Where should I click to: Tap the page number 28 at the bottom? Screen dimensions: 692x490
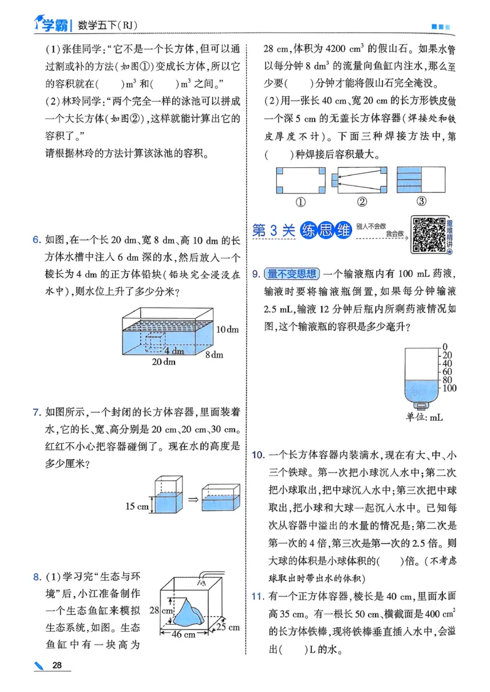point(58,665)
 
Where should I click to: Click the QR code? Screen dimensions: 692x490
point(428,235)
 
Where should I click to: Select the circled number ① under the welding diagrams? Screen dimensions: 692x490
point(301,201)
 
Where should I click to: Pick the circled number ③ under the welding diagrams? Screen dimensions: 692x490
point(421,201)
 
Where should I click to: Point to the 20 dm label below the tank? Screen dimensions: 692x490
point(164,362)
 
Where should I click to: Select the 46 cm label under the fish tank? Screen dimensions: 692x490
point(182,635)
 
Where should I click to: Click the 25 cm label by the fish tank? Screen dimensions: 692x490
point(228,627)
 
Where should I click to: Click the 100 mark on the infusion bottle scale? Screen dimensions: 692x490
point(449,388)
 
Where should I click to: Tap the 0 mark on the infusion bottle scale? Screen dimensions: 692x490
point(445,347)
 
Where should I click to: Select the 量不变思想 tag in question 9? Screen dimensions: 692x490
point(292,274)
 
